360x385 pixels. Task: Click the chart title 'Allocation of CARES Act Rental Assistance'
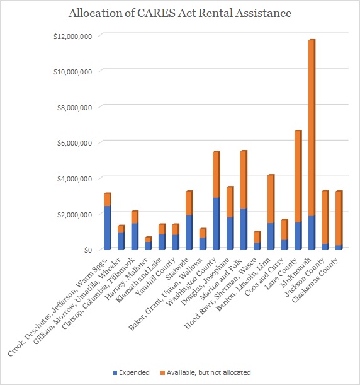(180, 13)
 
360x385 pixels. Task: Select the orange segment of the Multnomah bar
(312, 128)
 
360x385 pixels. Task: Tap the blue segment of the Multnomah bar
(312, 233)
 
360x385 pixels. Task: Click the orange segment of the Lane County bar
(298, 176)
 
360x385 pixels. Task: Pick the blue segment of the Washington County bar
(217, 224)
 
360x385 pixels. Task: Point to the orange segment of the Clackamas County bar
(339, 218)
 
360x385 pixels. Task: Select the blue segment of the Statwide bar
(189, 233)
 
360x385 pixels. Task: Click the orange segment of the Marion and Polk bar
(244, 180)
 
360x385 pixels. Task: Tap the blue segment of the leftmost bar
(108, 228)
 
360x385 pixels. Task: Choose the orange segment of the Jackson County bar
(325, 217)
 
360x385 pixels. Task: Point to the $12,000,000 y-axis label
(73, 37)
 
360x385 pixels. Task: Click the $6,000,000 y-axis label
(74, 143)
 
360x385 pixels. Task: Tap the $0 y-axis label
(88, 250)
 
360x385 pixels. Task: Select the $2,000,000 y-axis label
(74, 214)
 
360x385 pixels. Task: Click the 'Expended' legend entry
(131, 372)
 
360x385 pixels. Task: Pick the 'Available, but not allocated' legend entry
(206, 372)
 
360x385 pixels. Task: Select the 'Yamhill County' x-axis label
(155, 277)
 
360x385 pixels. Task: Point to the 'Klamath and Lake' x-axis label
(139, 280)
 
